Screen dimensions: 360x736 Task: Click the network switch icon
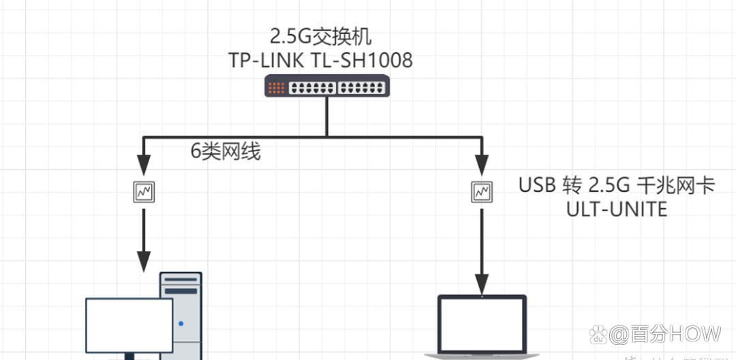click(x=327, y=87)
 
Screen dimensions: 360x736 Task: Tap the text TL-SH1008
click(x=363, y=60)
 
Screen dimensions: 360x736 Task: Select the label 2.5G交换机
click(x=321, y=35)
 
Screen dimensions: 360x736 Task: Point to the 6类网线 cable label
click(x=226, y=151)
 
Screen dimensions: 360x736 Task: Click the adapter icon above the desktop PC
click(x=144, y=192)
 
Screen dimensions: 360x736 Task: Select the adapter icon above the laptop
click(x=482, y=192)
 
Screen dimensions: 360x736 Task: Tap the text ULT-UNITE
click(x=617, y=209)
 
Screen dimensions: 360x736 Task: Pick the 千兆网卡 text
click(x=676, y=185)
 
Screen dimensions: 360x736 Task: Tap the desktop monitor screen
click(x=129, y=325)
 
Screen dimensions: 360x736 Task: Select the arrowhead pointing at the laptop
click(x=482, y=282)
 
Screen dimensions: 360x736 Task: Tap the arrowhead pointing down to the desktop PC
click(x=144, y=259)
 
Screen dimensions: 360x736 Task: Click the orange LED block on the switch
click(x=276, y=88)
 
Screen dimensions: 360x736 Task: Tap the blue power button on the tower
click(x=181, y=323)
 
